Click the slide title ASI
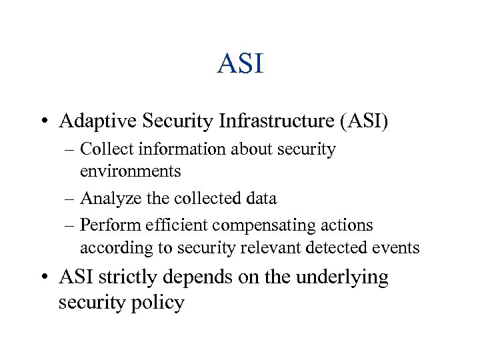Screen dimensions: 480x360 pos(240,64)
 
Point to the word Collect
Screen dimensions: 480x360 pos(103,149)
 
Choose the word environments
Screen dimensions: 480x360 pos(130,171)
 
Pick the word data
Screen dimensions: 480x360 pos(259,198)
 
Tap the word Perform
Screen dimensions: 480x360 pos(106,225)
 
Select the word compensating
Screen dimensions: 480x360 pos(273,225)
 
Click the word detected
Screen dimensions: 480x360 pos(340,248)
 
